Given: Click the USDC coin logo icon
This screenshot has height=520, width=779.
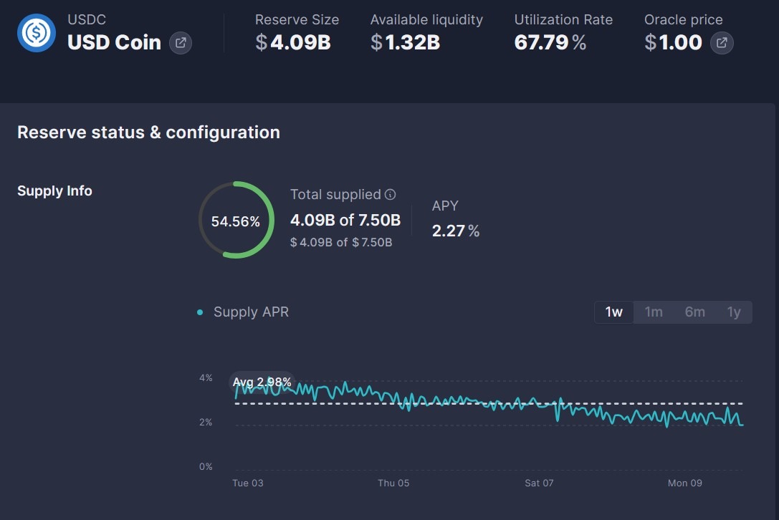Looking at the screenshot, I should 37,32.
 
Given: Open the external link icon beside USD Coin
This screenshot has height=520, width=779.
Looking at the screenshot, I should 181,43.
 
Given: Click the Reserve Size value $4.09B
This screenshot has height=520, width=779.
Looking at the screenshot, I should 293,43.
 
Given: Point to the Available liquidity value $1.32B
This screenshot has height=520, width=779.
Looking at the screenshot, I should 405,43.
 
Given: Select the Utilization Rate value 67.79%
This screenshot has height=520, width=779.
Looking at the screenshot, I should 550,43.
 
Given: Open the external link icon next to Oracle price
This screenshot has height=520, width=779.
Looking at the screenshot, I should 722,43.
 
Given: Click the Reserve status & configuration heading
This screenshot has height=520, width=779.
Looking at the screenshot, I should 148,133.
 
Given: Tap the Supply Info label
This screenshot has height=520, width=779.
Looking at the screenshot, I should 54,191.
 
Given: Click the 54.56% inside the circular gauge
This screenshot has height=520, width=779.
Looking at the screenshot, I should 236,221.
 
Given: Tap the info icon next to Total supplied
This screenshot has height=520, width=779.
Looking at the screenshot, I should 391,195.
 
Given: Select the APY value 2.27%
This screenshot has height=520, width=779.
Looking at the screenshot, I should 456,231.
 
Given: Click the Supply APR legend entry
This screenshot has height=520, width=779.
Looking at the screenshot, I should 250,312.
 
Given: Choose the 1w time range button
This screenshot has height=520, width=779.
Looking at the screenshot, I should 614,312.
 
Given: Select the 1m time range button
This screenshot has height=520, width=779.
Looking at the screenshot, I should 654,312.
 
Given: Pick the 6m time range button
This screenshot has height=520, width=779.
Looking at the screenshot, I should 694,312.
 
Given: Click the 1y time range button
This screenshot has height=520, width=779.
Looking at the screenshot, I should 734,312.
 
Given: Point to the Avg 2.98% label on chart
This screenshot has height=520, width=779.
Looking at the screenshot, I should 262,382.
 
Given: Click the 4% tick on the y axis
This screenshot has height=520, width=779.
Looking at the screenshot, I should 206,378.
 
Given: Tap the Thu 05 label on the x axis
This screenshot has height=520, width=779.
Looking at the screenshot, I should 393,483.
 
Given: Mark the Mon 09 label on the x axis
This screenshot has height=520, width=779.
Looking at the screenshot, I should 684,483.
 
